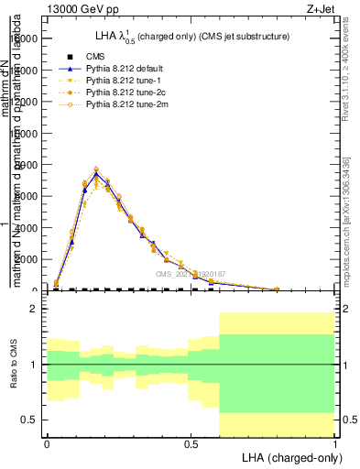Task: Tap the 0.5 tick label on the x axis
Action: click(191, 442)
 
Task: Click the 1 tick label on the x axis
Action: click(335, 442)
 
